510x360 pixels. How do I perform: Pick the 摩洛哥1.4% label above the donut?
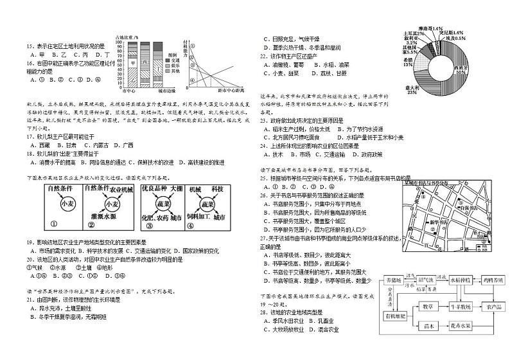pyautogui.click(x=429, y=29)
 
